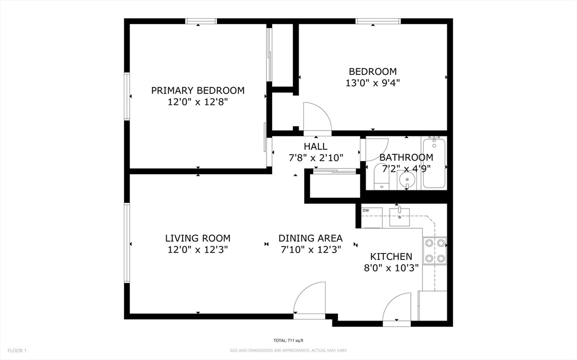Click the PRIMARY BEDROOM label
click(x=197, y=90)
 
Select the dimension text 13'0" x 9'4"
click(x=372, y=83)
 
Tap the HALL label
click(x=315, y=146)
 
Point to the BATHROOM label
click(x=406, y=157)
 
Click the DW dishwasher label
click(x=366, y=211)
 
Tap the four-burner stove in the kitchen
click(x=434, y=251)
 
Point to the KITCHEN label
click(x=391, y=257)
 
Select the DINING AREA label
click(x=310, y=238)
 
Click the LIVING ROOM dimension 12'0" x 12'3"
click(x=197, y=250)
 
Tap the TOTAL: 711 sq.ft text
click(x=288, y=341)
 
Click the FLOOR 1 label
click(x=16, y=350)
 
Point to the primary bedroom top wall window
click(x=201, y=21)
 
